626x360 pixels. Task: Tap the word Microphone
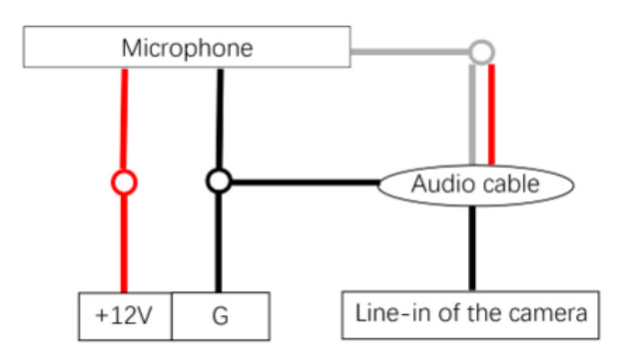[187, 48]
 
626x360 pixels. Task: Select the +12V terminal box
[126, 315]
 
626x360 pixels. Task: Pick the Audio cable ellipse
[475, 184]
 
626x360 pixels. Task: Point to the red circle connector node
[124, 182]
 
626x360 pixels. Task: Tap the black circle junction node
[218, 181]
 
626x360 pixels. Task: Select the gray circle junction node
[481, 51]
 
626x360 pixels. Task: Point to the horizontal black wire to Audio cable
[305, 182]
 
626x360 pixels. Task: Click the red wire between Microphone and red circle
[124, 117]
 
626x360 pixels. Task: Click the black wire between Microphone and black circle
[219, 117]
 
